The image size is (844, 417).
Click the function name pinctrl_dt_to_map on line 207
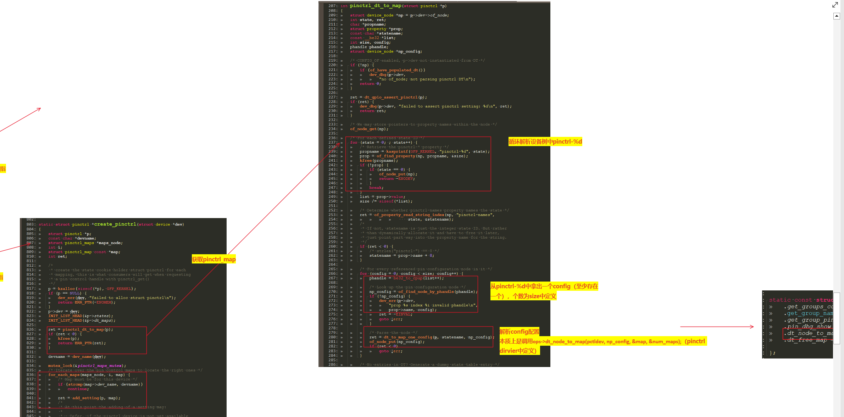(376, 6)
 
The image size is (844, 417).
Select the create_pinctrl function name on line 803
(115, 224)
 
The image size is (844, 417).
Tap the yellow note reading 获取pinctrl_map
(214, 259)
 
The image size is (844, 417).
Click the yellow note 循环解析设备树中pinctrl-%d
(545, 141)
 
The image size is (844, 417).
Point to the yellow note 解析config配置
(519, 332)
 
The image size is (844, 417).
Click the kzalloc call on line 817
(66, 289)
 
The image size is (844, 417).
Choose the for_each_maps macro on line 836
(64, 375)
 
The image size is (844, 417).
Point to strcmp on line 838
(75, 384)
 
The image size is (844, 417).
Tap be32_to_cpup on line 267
(408, 278)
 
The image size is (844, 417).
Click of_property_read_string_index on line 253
(409, 215)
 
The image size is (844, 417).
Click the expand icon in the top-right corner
(835, 5)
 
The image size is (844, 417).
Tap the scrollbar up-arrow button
(837, 16)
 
